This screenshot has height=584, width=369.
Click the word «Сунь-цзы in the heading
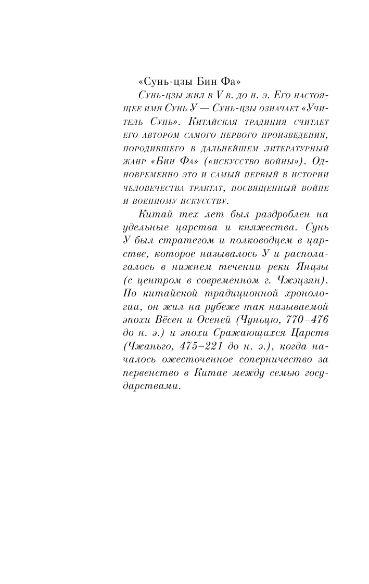pyautogui.click(x=161, y=82)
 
